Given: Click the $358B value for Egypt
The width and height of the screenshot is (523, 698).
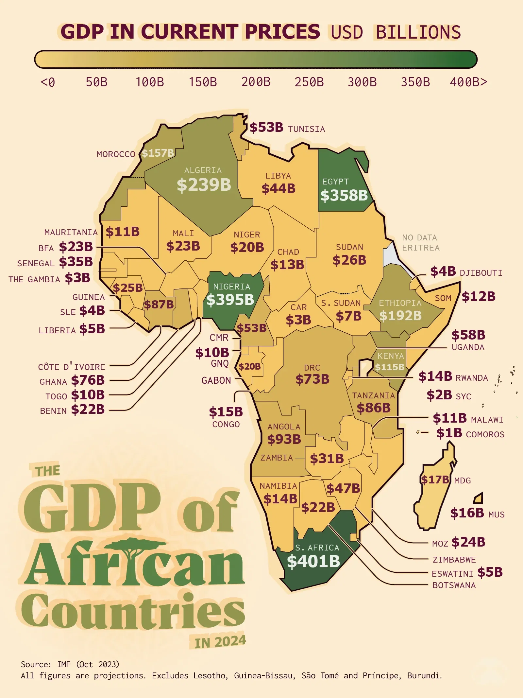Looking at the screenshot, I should (x=344, y=196).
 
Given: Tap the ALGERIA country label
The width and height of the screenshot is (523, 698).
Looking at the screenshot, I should (x=203, y=170).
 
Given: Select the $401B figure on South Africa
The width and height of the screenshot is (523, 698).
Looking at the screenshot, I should (x=313, y=561).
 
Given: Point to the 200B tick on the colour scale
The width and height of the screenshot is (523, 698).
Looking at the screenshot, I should (x=256, y=82).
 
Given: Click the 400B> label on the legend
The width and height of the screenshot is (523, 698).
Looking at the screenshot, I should (x=468, y=82).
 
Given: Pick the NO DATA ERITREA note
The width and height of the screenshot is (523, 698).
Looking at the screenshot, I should (x=420, y=242).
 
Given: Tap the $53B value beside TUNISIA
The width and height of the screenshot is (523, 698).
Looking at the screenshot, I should (x=266, y=128).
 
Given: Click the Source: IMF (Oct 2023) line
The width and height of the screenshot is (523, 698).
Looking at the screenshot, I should (x=70, y=664).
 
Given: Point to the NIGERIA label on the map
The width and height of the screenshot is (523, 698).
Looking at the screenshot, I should (x=231, y=287).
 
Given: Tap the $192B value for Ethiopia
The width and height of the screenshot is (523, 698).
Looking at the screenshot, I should (x=400, y=316).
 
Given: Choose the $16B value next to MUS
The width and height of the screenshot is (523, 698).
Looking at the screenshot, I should (x=467, y=513).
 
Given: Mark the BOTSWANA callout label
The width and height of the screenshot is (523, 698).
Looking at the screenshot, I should (x=454, y=585).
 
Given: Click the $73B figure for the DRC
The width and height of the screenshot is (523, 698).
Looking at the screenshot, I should (x=312, y=379).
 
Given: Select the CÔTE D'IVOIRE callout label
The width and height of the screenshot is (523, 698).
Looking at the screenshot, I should (x=72, y=367).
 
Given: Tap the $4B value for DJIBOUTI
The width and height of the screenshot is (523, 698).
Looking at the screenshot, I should (x=443, y=271).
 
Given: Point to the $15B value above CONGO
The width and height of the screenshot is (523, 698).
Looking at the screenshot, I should (x=226, y=412).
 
